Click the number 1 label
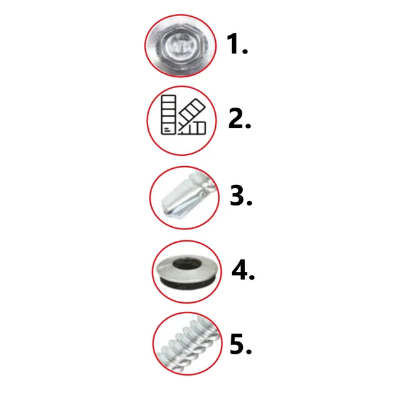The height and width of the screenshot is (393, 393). pyautogui.click(x=237, y=44)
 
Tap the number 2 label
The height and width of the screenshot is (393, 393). pyautogui.click(x=240, y=119)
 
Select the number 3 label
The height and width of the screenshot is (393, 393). pyautogui.click(x=240, y=195)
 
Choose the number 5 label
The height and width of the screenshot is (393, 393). pyautogui.click(x=240, y=344)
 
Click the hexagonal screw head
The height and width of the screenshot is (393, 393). pyautogui.click(x=181, y=46)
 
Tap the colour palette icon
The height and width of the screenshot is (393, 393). pyautogui.click(x=183, y=115)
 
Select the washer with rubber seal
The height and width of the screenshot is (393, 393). pyautogui.click(x=187, y=272)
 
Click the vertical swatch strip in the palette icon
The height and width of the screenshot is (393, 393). pyautogui.click(x=168, y=115)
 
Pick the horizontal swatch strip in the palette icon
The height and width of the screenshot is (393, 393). pyautogui.click(x=193, y=128)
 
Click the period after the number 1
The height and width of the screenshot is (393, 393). pyautogui.click(x=245, y=51)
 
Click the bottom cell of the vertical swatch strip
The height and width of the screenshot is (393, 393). pyautogui.click(x=168, y=129)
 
